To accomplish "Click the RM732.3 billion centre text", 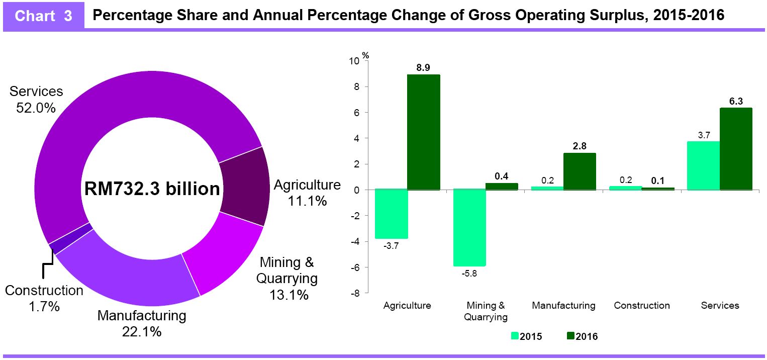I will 152,189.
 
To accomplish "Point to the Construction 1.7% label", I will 44,298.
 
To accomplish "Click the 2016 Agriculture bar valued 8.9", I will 423,132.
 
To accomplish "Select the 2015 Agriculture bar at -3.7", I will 391,214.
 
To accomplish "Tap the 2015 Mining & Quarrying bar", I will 469,228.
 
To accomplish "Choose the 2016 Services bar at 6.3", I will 736,149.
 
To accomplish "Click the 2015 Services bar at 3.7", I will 703,165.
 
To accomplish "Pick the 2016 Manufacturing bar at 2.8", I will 580,171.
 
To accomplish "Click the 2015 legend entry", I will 526,336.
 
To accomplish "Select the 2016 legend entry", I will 582,336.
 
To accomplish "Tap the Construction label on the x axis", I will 641,305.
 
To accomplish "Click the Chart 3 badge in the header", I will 44,16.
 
